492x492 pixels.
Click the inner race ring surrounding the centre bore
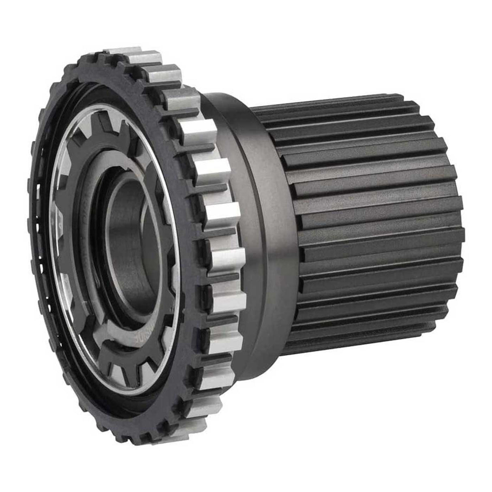109,243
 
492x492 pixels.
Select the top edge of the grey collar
227,97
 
